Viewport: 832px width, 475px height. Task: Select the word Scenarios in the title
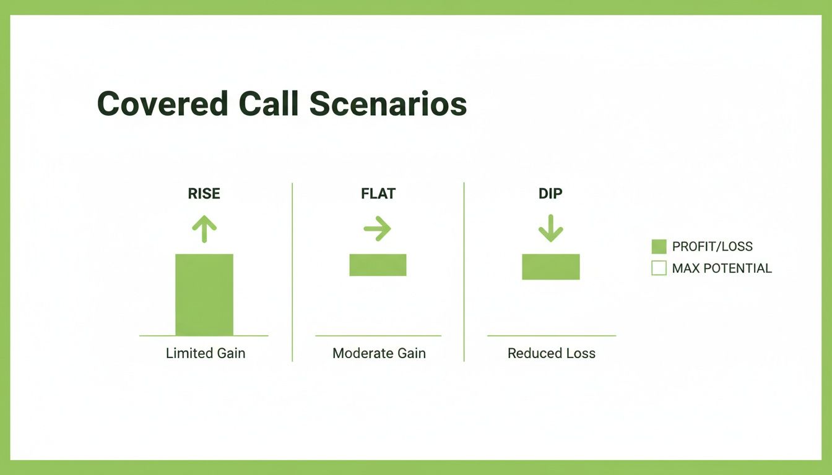388,104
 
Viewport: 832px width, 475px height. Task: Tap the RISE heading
204,194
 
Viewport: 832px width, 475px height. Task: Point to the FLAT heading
378,194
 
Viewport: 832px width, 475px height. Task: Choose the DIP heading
550,194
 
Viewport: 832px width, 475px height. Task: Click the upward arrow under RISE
204,229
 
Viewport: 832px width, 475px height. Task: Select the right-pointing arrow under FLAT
378,229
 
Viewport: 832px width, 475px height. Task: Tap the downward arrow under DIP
550,229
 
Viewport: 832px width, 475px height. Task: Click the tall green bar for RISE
204,294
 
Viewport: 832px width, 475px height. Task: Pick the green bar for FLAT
378,265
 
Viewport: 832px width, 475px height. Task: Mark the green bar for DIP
550,267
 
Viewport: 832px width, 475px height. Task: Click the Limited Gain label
206,353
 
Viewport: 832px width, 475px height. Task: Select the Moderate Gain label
379,353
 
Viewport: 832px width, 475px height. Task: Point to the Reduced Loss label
551,353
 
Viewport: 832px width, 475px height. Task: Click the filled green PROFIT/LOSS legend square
659,246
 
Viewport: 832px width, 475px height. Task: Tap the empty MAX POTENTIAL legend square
659,268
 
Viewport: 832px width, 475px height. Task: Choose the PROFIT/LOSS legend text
712,246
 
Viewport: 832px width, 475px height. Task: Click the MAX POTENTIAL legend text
722,268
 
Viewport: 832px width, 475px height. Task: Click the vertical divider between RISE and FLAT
292,272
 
